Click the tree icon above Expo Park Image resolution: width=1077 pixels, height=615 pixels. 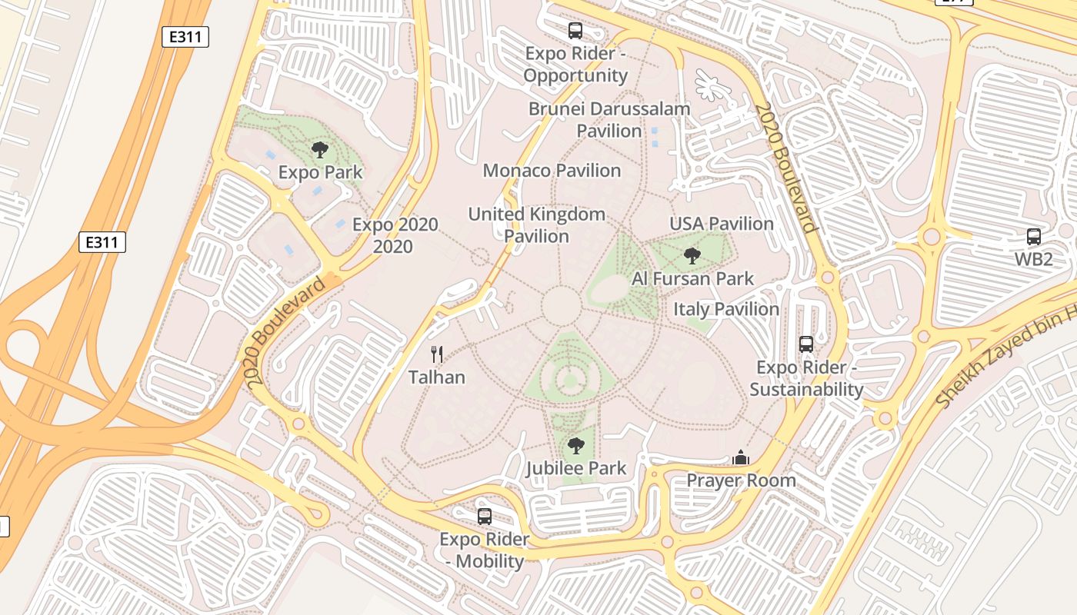click(x=320, y=150)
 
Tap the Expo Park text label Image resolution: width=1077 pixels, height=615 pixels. click(x=320, y=172)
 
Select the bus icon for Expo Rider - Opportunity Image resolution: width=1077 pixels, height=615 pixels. click(x=575, y=31)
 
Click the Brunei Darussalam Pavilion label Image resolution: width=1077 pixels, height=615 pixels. click(x=609, y=120)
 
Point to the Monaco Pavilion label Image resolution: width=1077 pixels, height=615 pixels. click(x=552, y=171)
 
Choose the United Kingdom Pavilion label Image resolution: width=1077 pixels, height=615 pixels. click(x=537, y=225)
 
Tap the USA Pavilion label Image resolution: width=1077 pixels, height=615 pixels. click(x=721, y=224)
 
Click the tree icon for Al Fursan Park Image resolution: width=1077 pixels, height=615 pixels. click(x=692, y=256)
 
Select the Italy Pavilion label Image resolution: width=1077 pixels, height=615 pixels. click(x=726, y=309)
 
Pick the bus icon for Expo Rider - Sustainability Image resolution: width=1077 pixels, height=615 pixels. click(x=806, y=344)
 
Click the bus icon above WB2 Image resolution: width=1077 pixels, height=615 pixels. click(x=1033, y=237)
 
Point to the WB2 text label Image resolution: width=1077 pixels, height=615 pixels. click(x=1033, y=259)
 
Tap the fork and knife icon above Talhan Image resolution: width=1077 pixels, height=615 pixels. click(x=437, y=354)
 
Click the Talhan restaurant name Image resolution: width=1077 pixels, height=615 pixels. click(x=437, y=377)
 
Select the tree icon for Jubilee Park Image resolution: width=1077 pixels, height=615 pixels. click(x=575, y=446)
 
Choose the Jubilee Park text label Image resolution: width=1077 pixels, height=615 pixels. click(x=576, y=468)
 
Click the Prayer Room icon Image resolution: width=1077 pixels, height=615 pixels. click(x=741, y=458)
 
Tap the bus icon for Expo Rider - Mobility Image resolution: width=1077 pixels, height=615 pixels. click(x=485, y=517)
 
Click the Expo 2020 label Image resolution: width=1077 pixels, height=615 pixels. click(x=395, y=235)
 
